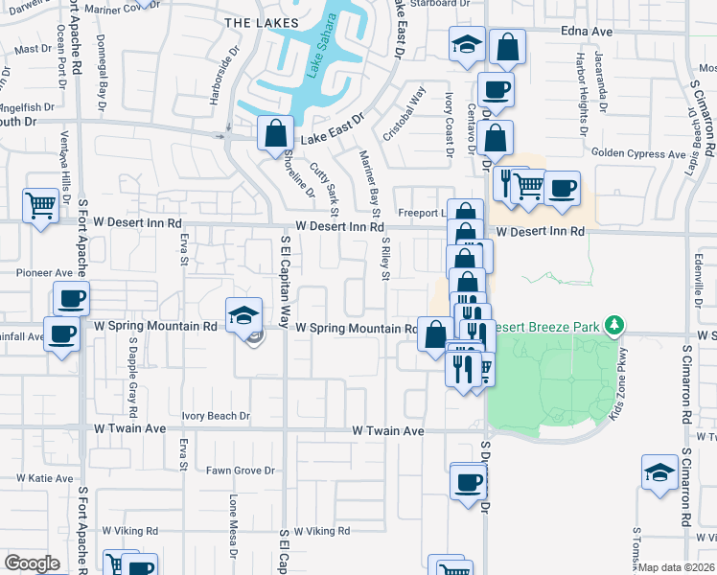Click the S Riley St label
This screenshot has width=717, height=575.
pyautogui.click(x=385, y=259)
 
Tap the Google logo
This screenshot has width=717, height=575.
pyautogui.click(x=33, y=563)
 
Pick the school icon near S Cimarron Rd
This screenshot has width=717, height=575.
pyautogui.click(x=660, y=471)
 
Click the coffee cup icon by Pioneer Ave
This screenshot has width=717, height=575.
pyautogui.click(x=71, y=298)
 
